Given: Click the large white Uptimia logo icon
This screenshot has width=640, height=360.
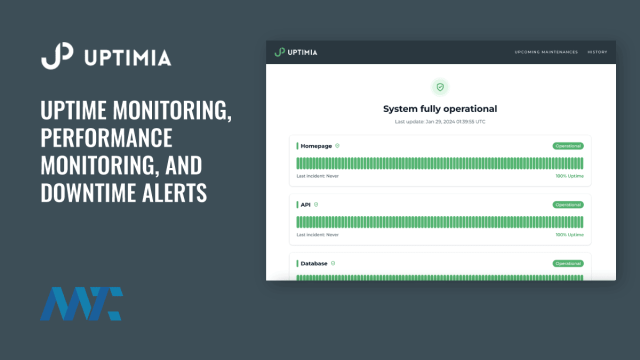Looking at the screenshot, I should [x=56, y=56].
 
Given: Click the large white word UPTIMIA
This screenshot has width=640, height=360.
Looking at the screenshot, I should [x=127, y=57].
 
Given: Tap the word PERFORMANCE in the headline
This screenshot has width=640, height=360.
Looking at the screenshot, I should [x=106, y=138].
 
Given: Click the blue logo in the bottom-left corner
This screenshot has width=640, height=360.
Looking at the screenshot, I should [x=80, y=304].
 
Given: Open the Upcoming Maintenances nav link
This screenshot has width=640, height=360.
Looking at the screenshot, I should [x=545, y=51].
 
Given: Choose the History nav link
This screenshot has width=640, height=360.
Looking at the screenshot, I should [x=597, y=51].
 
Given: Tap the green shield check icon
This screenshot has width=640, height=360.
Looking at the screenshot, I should [x=440, y=88].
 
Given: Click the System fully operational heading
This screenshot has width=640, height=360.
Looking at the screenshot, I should [x=440, y=108].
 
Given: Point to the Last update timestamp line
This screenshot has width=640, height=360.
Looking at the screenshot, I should [x=440, y=121].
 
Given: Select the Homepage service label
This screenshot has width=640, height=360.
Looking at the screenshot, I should [x=315, y=145].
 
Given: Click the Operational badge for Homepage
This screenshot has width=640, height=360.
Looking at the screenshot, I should [x=568, y=145].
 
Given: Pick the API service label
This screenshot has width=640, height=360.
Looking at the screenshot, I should [x=305, y=204].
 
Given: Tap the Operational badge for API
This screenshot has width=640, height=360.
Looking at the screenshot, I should [x=568, y=204].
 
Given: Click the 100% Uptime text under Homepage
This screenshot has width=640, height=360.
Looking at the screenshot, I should [x=569, y=176].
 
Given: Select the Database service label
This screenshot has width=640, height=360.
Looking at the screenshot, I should [x=314, y=263].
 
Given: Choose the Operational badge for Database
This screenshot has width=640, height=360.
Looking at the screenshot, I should [x=568, y=263].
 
